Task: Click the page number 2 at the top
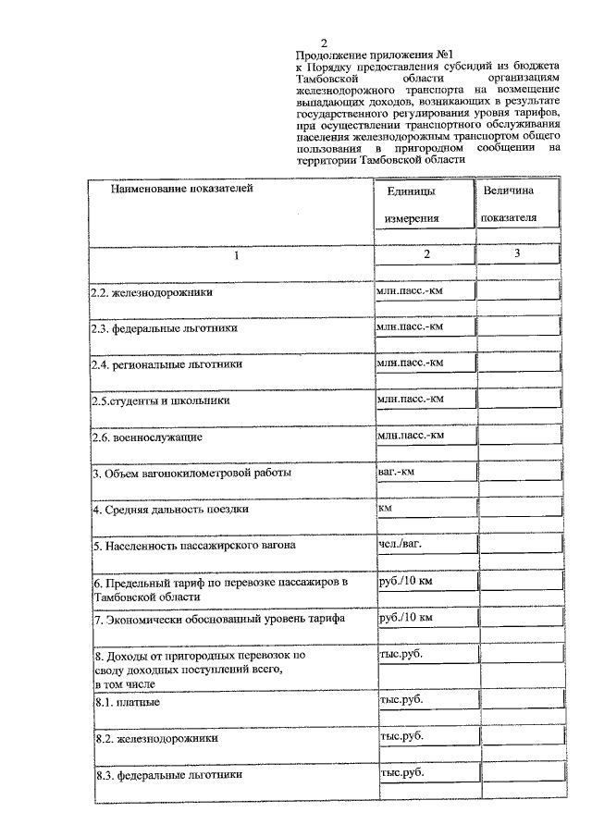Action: [323, 43]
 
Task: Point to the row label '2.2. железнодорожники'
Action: [151, 292]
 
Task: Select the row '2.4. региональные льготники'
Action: [166, 364]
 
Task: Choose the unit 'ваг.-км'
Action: [396, 472]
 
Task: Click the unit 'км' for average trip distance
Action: [384, 508]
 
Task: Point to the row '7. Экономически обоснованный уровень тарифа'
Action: [203, 619]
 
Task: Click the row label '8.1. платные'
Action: [128, 703]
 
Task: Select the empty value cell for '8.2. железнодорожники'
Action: [518, 737]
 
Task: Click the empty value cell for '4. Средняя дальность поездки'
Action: [518, 509]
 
